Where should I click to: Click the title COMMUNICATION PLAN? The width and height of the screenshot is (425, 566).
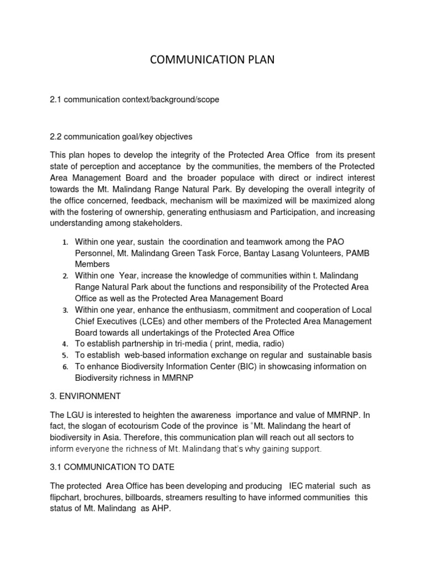212,60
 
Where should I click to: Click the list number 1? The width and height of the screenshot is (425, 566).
65,243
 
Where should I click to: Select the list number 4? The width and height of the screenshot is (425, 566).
65,344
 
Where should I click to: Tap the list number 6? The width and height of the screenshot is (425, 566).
65,367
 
